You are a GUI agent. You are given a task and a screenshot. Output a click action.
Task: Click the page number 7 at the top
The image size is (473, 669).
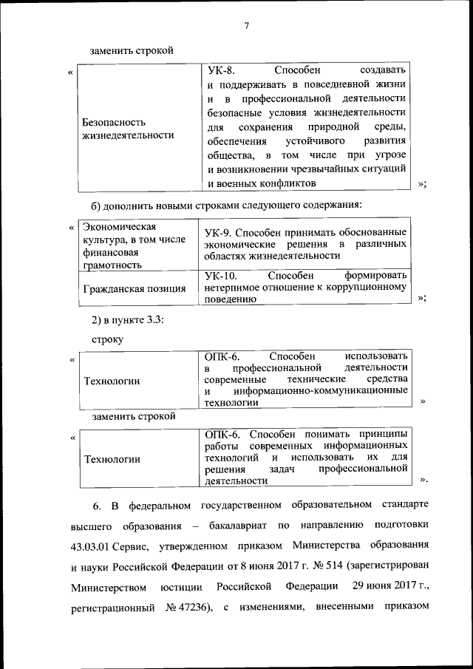(x=246, y=27)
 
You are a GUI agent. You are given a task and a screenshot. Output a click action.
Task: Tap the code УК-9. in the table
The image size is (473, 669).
(x=217, y=231)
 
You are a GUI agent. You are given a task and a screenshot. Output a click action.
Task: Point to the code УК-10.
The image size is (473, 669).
(x=221, y=275)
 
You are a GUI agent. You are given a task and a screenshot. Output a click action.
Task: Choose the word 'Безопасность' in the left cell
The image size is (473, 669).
(x=114, y=122)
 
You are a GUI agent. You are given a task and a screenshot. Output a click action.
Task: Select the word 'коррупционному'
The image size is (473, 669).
(x=368, y=288)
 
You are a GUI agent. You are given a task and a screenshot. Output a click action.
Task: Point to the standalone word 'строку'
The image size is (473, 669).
(x=108, y=339)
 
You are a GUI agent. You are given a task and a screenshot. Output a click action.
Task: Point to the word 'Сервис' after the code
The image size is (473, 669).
(x=133, y=547)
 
